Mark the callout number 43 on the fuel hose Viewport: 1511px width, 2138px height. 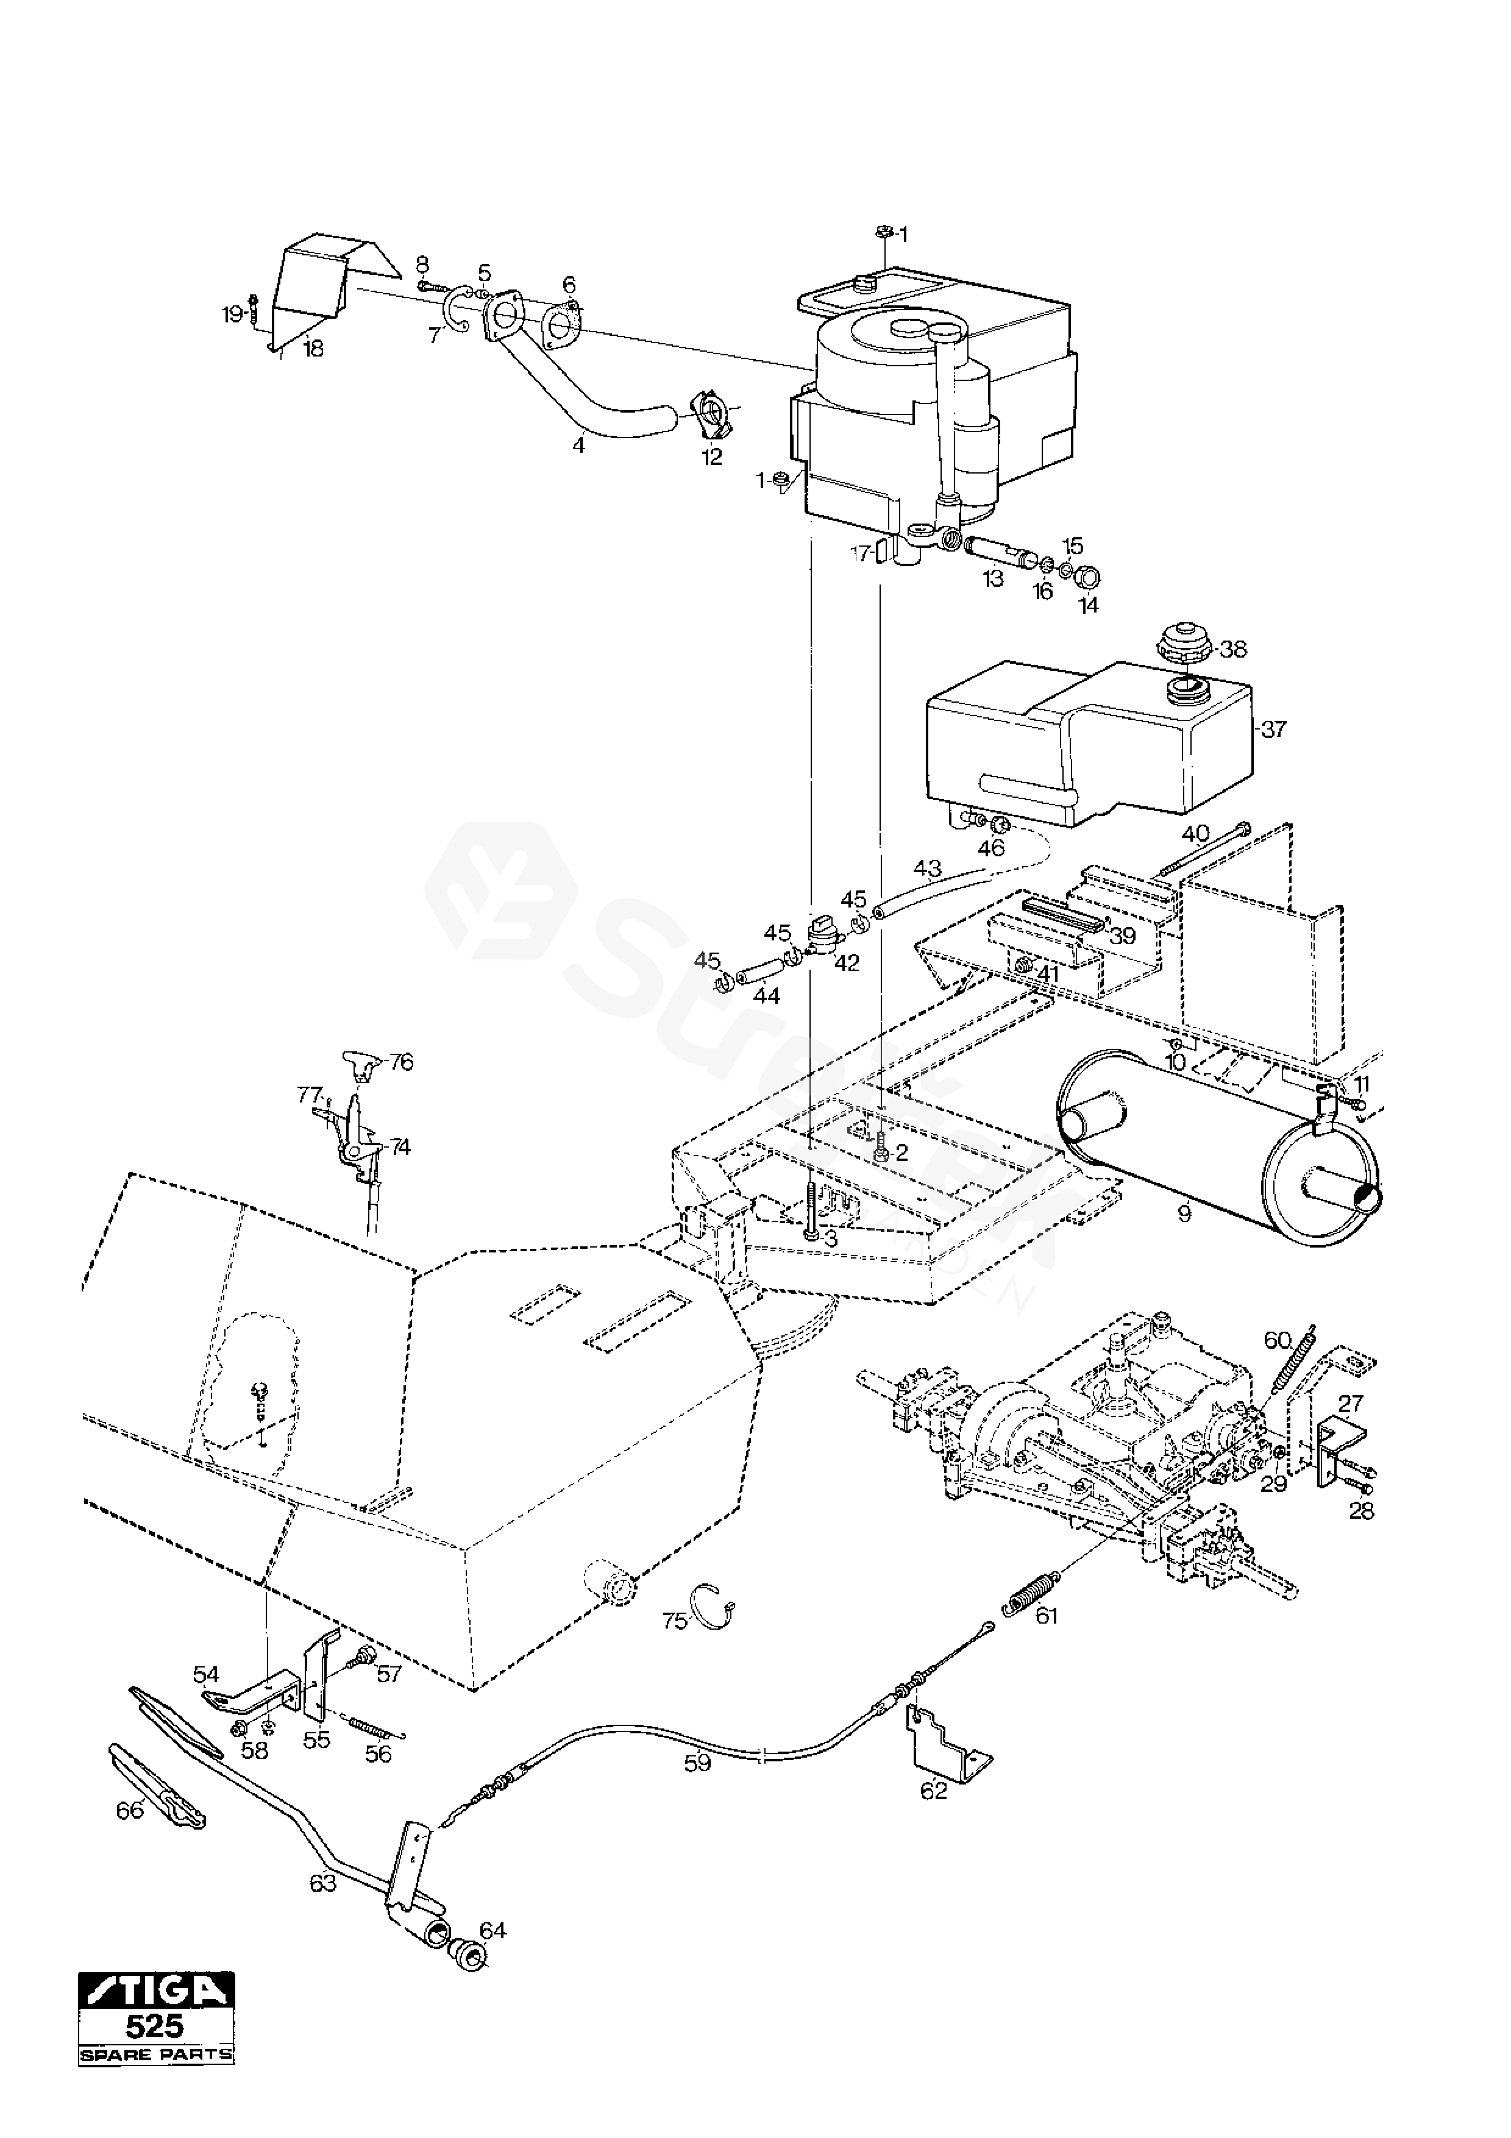[x=927, y=869]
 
